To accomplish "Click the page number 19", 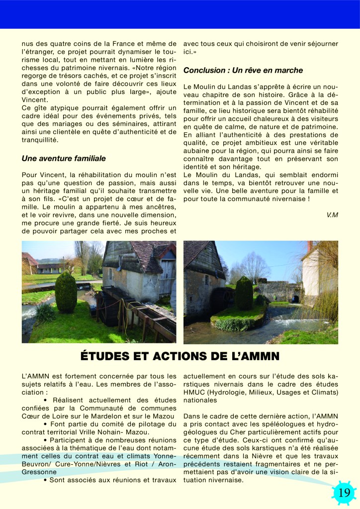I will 344,493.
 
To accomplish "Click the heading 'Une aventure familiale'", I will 64,159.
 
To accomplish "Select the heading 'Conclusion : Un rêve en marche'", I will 243,70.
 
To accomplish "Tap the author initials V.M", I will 332,215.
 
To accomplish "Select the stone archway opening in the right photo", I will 296,299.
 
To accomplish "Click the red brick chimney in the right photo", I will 310,246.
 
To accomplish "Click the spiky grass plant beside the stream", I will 46,312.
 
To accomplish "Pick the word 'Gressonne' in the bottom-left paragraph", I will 39,472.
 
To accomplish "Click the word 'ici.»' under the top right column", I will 191,52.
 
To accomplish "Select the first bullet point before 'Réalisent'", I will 45,400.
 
